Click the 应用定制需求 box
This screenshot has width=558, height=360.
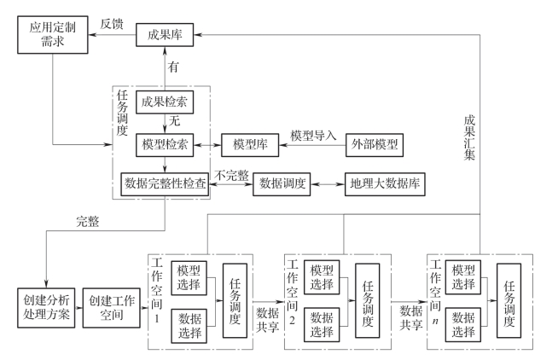click(53, 35)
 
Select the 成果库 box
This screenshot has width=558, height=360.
click(165, 35)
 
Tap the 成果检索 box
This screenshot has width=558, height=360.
click(165, 102)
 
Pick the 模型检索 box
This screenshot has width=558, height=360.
click(165, 145)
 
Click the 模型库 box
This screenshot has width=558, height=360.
click(250, 145)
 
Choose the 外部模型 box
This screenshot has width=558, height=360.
click(375, 145)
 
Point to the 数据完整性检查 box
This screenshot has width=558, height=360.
click(165, 184)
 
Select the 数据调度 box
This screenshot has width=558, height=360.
click(282, 184)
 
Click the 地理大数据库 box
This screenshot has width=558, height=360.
click(385, 184)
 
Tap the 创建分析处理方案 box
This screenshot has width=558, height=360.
click(46, 308)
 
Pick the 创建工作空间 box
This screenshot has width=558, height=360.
click(112, 308)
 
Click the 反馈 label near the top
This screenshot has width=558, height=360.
click(112, 24)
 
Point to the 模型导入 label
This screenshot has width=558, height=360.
click(313, 136)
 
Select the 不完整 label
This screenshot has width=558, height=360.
click(231, 175)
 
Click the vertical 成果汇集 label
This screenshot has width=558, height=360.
click(469, 137)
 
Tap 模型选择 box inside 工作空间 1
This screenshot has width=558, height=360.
click(189, 278)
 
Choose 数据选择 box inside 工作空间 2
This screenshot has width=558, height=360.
click(322, 324)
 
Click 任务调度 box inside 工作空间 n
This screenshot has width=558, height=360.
click(509, 300)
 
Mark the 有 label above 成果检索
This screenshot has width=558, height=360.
click(173, 67)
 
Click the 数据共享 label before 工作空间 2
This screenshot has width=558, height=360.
click(268, 319)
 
